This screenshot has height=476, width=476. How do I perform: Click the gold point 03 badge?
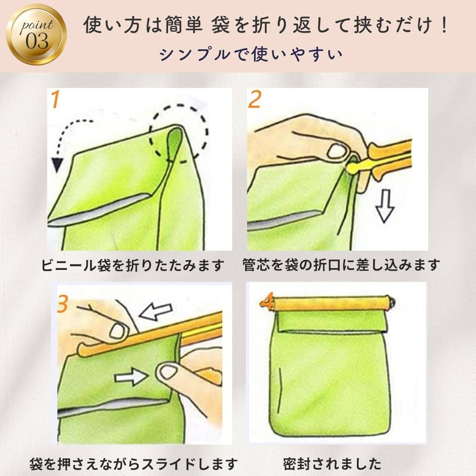(x=36, y=35)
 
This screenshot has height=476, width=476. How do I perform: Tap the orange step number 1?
(x=55, y=99)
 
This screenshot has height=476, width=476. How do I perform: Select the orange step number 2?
(x=254, y=99)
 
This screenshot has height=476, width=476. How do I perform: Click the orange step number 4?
(x=267, y=301)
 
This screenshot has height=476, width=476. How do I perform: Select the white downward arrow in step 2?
(x=385, y=206)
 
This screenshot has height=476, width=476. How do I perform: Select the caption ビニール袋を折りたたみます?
(x=132, y=265)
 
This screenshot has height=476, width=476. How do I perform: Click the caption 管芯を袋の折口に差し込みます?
(x=341, y=265)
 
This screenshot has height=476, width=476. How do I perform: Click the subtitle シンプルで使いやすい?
(x=251, y=55)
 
